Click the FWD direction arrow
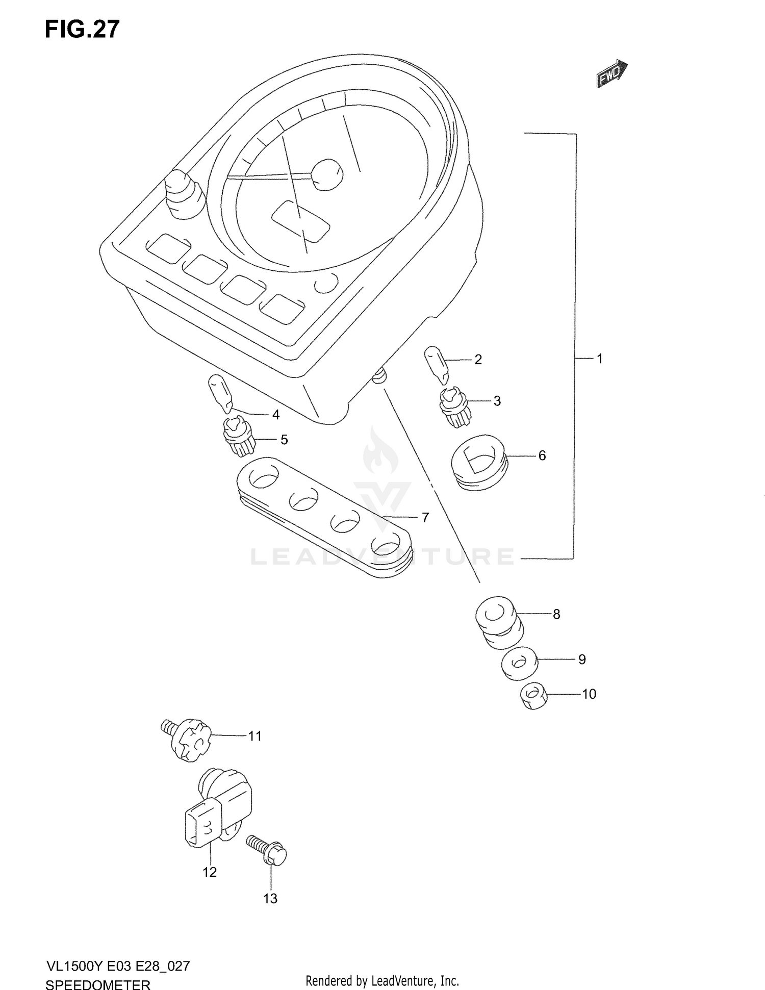pos(611,73)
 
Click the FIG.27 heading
pos(82,29)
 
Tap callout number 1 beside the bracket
pos(600,359)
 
